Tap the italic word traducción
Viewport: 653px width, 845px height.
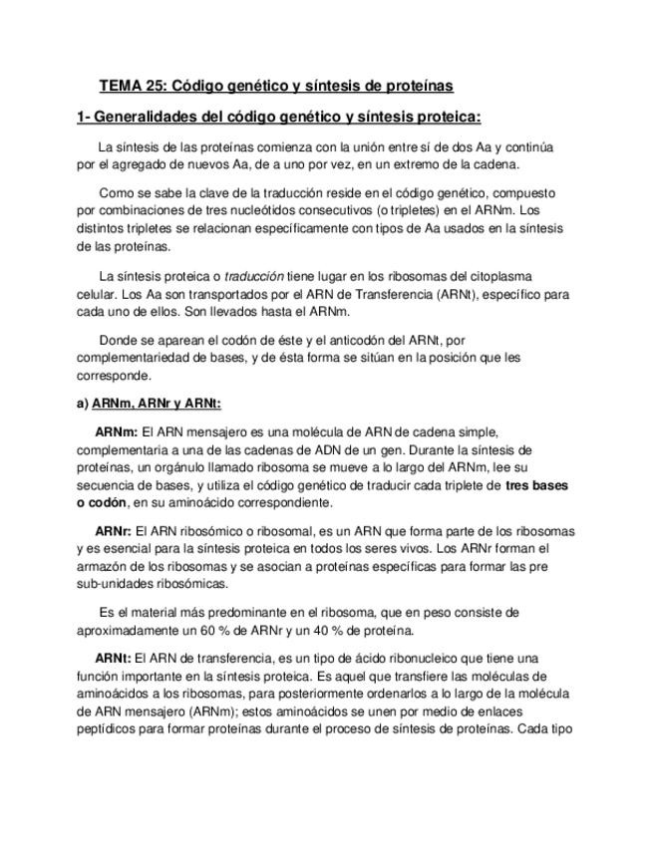254,275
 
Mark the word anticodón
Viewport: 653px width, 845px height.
329,339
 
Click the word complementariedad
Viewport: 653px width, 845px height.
137,357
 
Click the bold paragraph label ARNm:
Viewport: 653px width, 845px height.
117,431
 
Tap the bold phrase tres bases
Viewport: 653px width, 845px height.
536,485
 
